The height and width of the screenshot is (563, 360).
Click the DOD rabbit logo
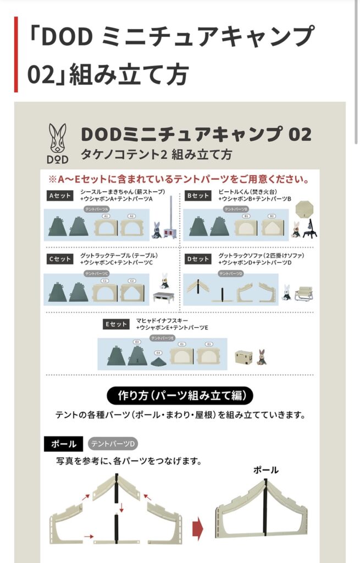click(x=58, y=141)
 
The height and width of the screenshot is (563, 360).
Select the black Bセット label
click(x=198, y=196)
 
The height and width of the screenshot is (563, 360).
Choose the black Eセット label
click(x=116, y=324)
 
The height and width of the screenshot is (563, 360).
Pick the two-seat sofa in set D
click(x=304, y=295)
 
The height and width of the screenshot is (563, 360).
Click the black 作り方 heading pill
click(x=180, y=395)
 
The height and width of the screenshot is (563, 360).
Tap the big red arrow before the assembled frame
click(x=198, y=530)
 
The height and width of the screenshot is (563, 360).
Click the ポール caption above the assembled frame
click(x=265, y=470)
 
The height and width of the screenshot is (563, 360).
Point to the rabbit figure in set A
click(x=157, y=230)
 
